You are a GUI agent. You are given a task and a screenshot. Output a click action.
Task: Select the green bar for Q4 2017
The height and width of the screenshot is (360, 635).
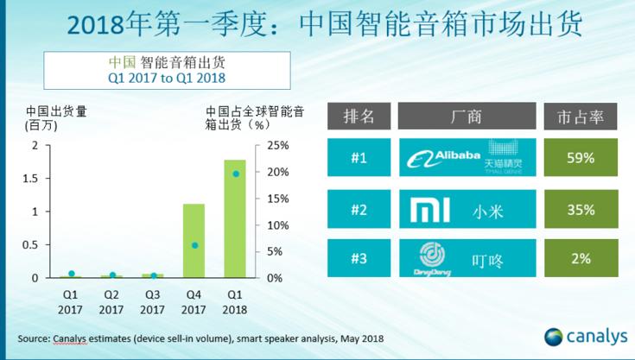[x=194, y=242]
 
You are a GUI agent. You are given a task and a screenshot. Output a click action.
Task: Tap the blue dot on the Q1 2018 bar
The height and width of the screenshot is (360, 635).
[x=236, y=174]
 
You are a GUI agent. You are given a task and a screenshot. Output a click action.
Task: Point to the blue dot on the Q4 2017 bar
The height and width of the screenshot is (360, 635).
[x=194, y=245]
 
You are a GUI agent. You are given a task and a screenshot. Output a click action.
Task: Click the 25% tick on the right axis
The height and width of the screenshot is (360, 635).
[x=276, y=145]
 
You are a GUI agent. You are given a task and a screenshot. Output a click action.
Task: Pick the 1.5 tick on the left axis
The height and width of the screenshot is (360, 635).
[x=35, y=178]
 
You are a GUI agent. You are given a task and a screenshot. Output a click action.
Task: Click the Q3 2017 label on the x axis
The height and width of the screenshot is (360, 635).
[x=152, y=303]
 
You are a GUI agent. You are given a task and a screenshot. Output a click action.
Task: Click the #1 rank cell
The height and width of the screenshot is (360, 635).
[x=359, y=158]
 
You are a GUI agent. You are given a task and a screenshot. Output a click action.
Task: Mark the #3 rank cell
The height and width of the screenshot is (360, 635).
[x=359, y=259]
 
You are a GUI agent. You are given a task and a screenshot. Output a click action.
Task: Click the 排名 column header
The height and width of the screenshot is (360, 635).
[x=359, y=115]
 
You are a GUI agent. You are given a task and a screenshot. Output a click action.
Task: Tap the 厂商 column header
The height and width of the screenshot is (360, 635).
[x=467, y=115]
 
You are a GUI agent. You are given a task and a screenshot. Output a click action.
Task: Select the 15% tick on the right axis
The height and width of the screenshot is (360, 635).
[x=276, y=199]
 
